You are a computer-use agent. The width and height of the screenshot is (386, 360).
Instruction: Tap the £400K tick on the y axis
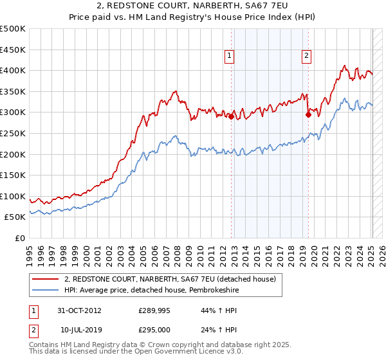(x=14, y=70)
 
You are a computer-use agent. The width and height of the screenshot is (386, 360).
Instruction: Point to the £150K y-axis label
(x=14, y=175)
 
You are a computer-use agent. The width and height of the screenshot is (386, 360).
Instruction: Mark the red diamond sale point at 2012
(x=231, y=116)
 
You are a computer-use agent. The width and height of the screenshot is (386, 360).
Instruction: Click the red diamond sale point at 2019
(x=308, y=115)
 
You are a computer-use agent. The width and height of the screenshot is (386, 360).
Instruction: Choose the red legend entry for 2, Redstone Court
(x=170, y=279)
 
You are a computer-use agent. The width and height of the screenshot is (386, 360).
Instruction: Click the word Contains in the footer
(x=44, y=346)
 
